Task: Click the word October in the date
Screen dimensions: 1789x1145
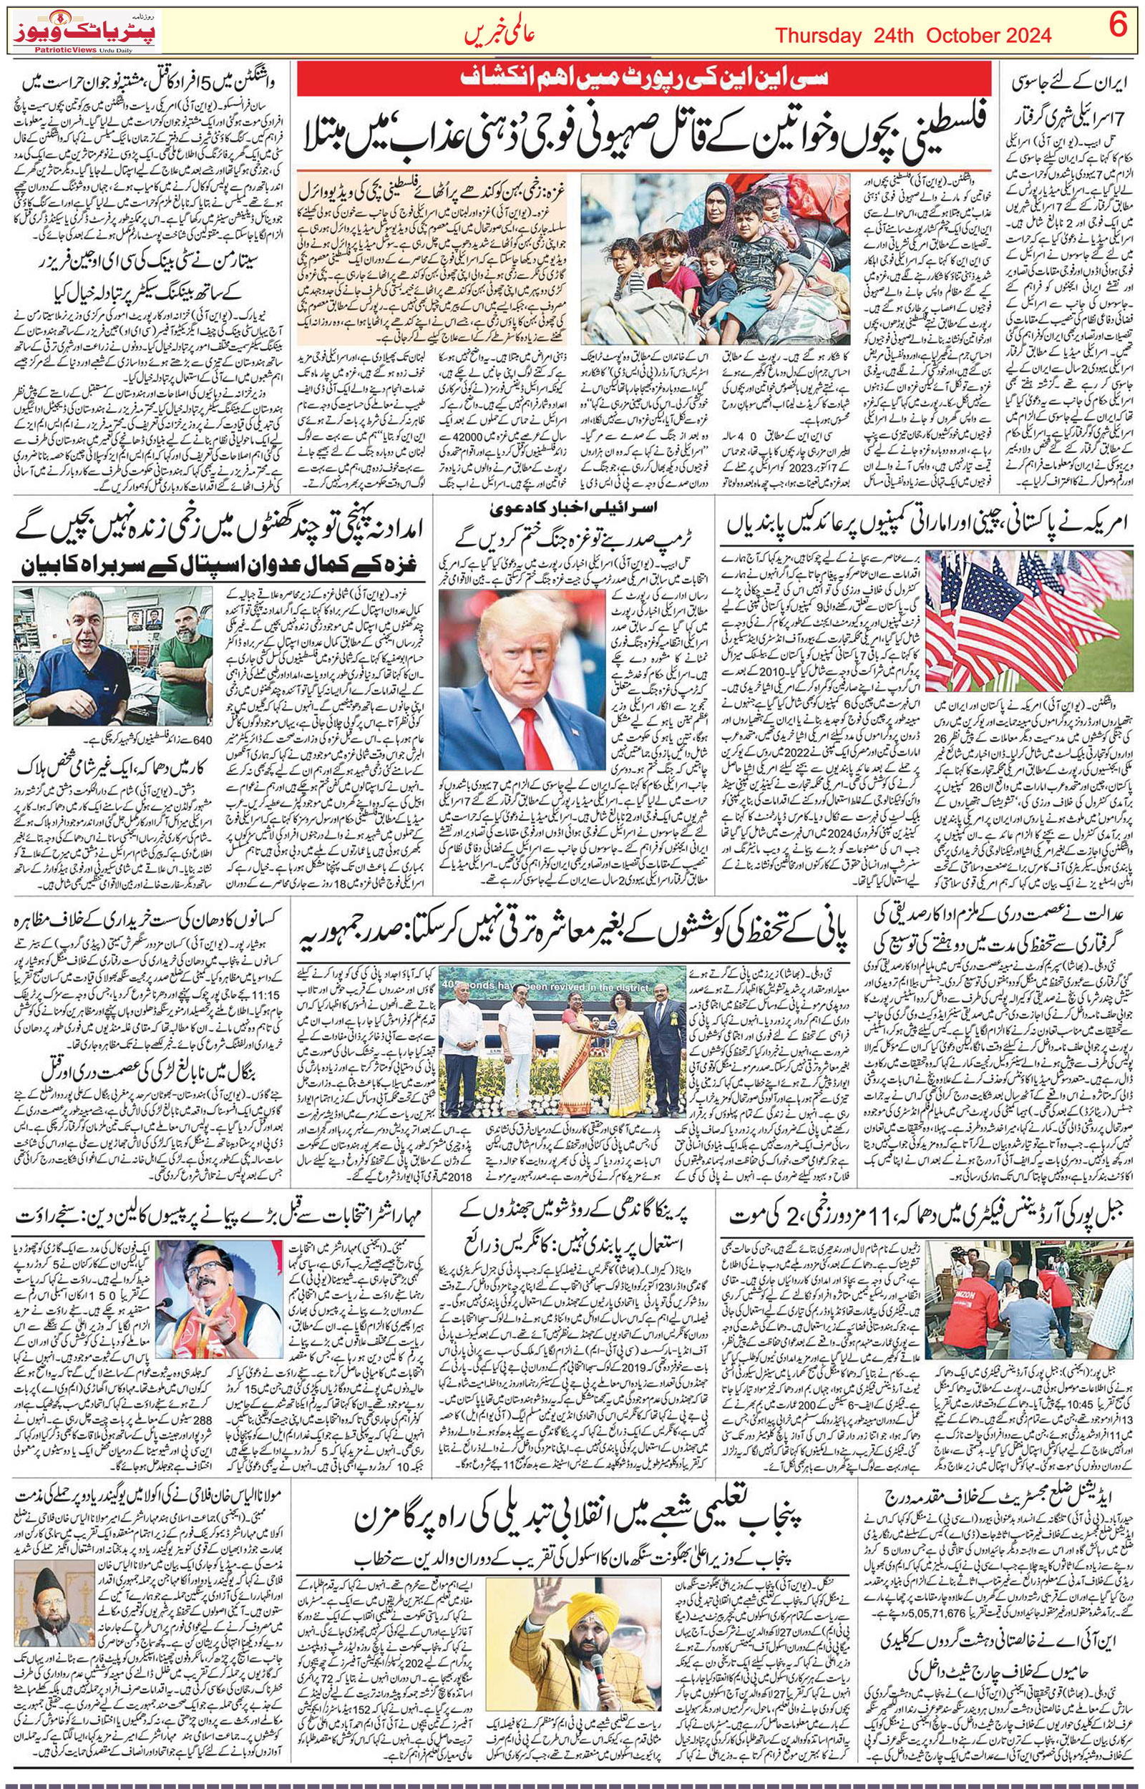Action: pyautogui.click(x=978, y=35)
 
